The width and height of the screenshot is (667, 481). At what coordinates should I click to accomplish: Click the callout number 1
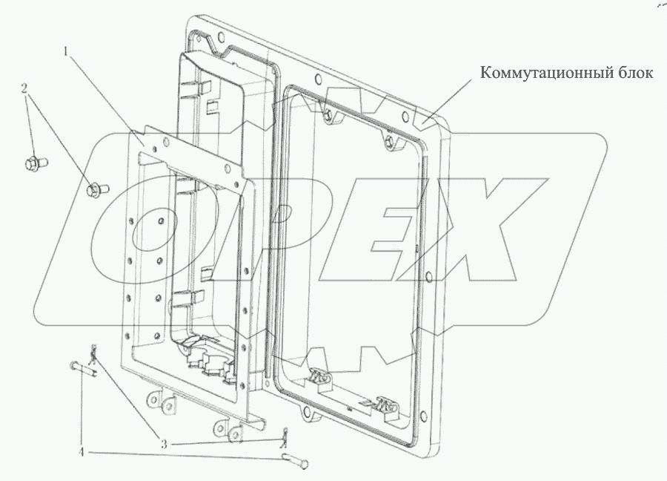tap(65, 53)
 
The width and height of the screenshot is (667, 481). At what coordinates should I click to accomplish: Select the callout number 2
tap(24, 88)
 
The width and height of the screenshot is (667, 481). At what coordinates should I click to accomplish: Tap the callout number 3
tap(163, 445)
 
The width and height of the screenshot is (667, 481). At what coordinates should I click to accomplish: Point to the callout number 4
tap(81, 452)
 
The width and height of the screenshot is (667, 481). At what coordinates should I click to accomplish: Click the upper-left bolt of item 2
tap(36, 163)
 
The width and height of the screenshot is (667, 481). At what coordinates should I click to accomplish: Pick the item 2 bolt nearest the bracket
tap(97, 189)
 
